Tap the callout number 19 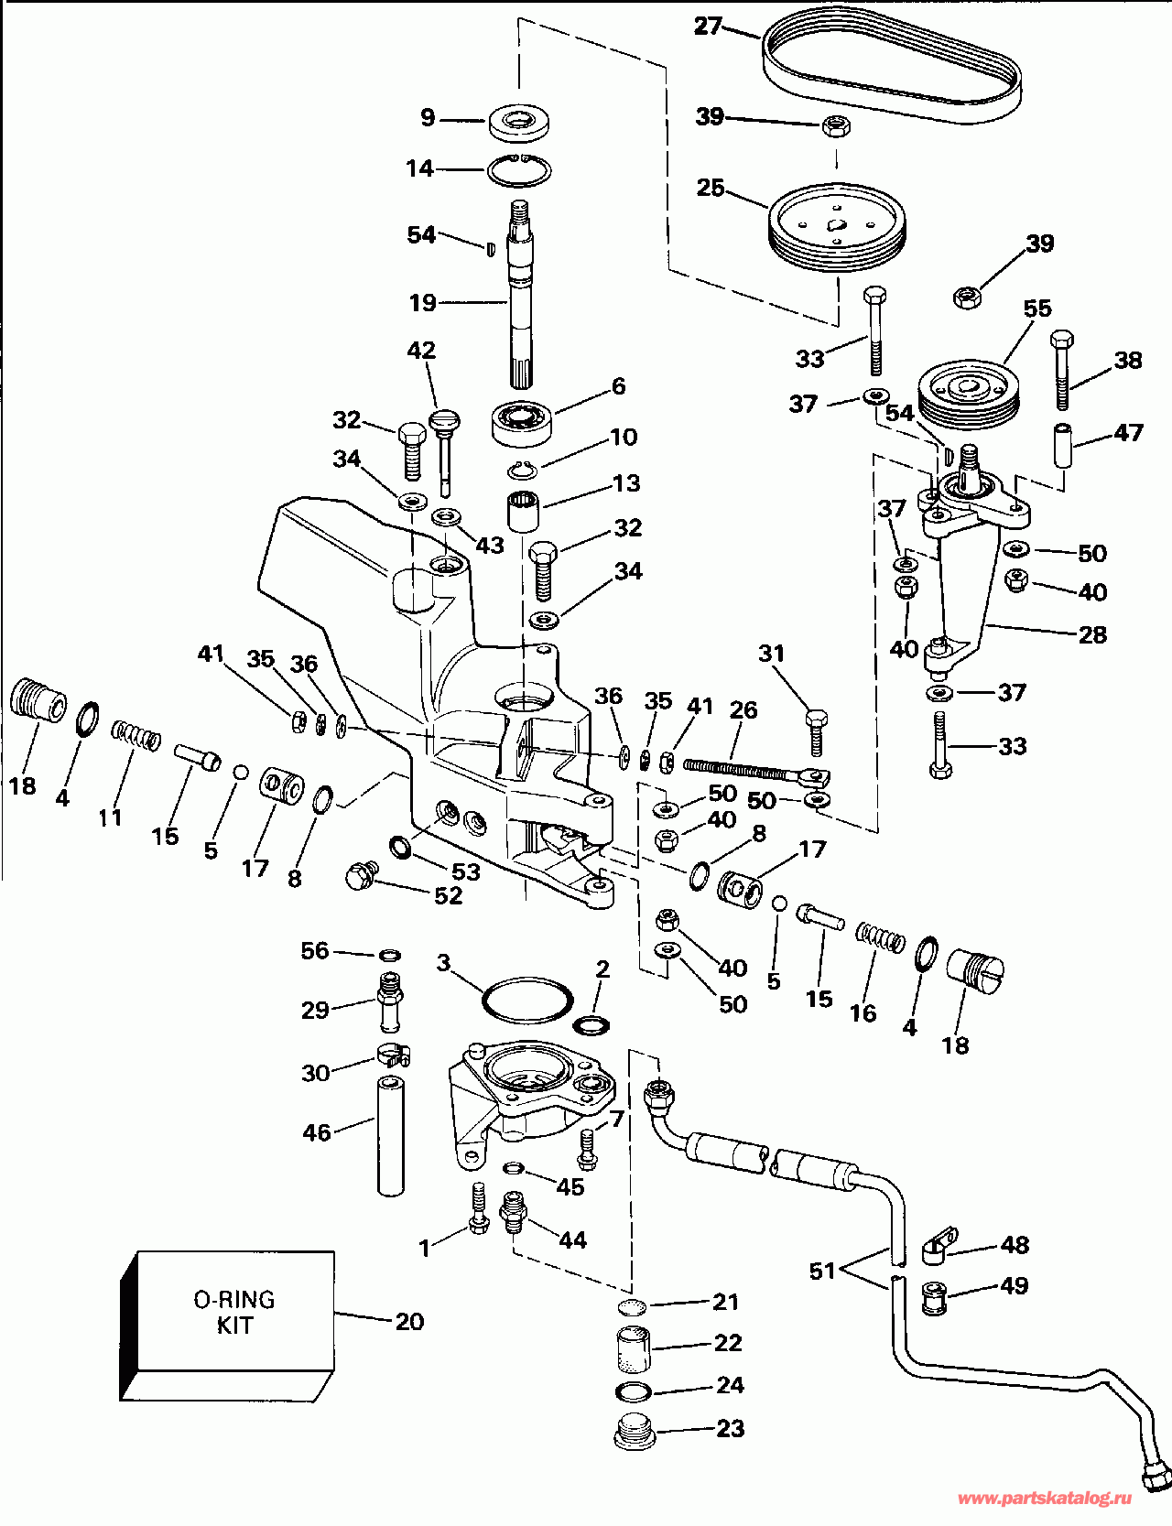pos(423,302)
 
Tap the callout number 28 pos(1092,634)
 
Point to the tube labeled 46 pos(391,1136)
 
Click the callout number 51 pos(822,1271)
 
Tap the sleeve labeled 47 pos(1064,444)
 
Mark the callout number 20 pos(409,1321)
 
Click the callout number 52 pos(448,895)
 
